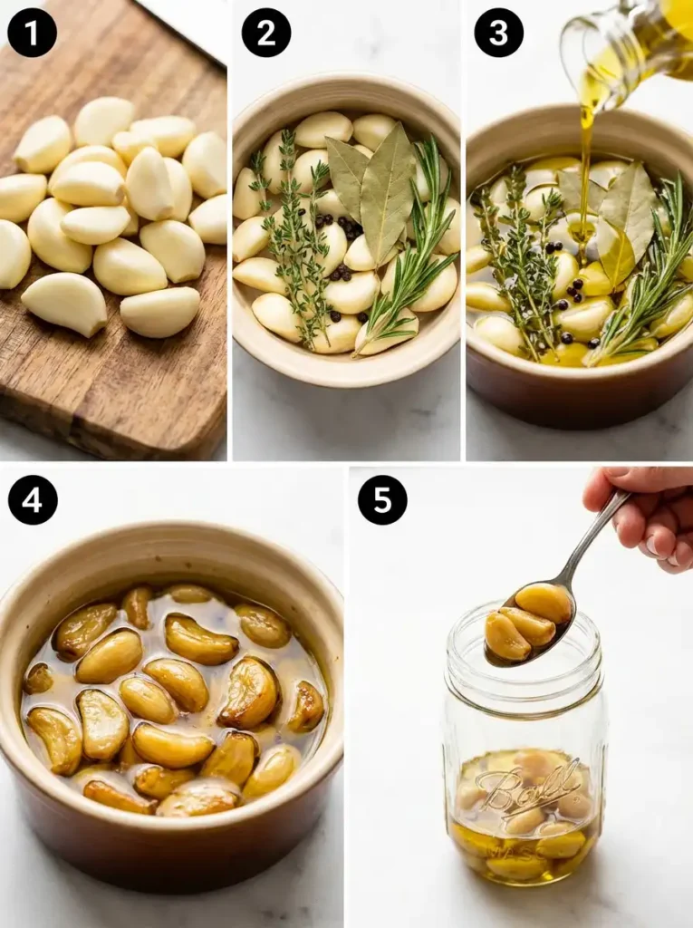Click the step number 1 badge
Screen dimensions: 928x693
(32, 33)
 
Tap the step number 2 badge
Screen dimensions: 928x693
(265, 33)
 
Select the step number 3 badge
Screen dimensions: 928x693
(498, 33)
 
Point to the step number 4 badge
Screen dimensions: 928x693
(32, 499)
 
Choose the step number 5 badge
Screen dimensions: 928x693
(382, 499)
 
